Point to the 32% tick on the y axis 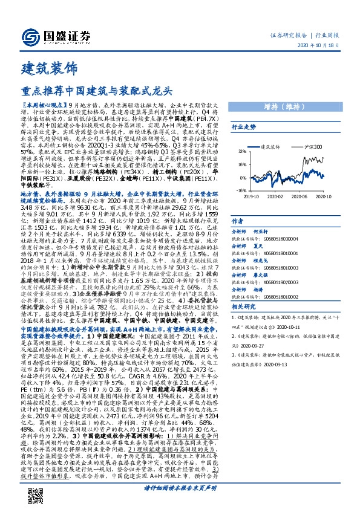(242, 151)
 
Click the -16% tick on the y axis (242, 190)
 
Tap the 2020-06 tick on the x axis (309, 196)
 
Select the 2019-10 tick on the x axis (252, 196)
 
